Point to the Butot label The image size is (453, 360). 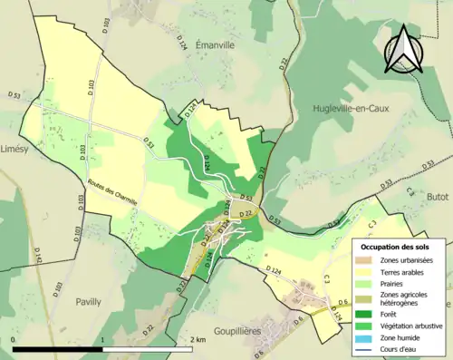pos(438,196)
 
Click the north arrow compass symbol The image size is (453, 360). pos(407,48)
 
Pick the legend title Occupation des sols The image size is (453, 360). pos(400,246)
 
